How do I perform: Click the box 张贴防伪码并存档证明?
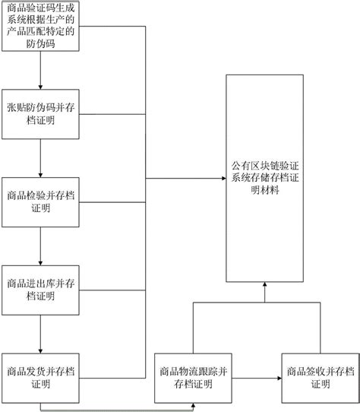coord(40,114)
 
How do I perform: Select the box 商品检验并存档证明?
coord(40,202)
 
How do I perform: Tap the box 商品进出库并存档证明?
coord(40,290)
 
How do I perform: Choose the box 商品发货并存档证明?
coord(40,378)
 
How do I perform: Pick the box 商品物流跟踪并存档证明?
coord(193,378)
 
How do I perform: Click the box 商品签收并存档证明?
coord(321,378)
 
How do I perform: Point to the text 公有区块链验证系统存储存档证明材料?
coord(265,178)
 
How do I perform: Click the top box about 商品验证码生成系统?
coord(40,26)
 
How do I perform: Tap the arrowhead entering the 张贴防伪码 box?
coord(40,87)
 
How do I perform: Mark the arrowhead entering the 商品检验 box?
coord(40,175)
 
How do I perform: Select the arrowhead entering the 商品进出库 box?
coord(40,263)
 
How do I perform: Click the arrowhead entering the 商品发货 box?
coord(40,351)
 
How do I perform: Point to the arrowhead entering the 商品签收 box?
coord(279,378)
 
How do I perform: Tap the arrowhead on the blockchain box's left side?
coord(224,179)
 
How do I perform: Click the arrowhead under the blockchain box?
coord(265,284)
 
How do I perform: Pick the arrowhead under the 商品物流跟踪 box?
coord(193,405)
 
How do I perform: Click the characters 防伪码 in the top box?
coord(40,43)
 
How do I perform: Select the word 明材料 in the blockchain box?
coord(265,190)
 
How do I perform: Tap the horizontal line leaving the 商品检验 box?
coord(112,202)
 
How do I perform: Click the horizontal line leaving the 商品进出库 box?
coord(112,290)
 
